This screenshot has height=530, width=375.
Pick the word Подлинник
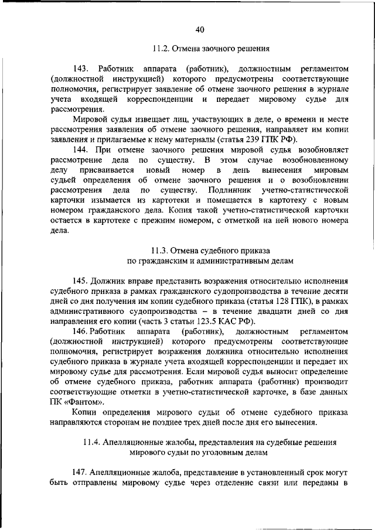(221, 190)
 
